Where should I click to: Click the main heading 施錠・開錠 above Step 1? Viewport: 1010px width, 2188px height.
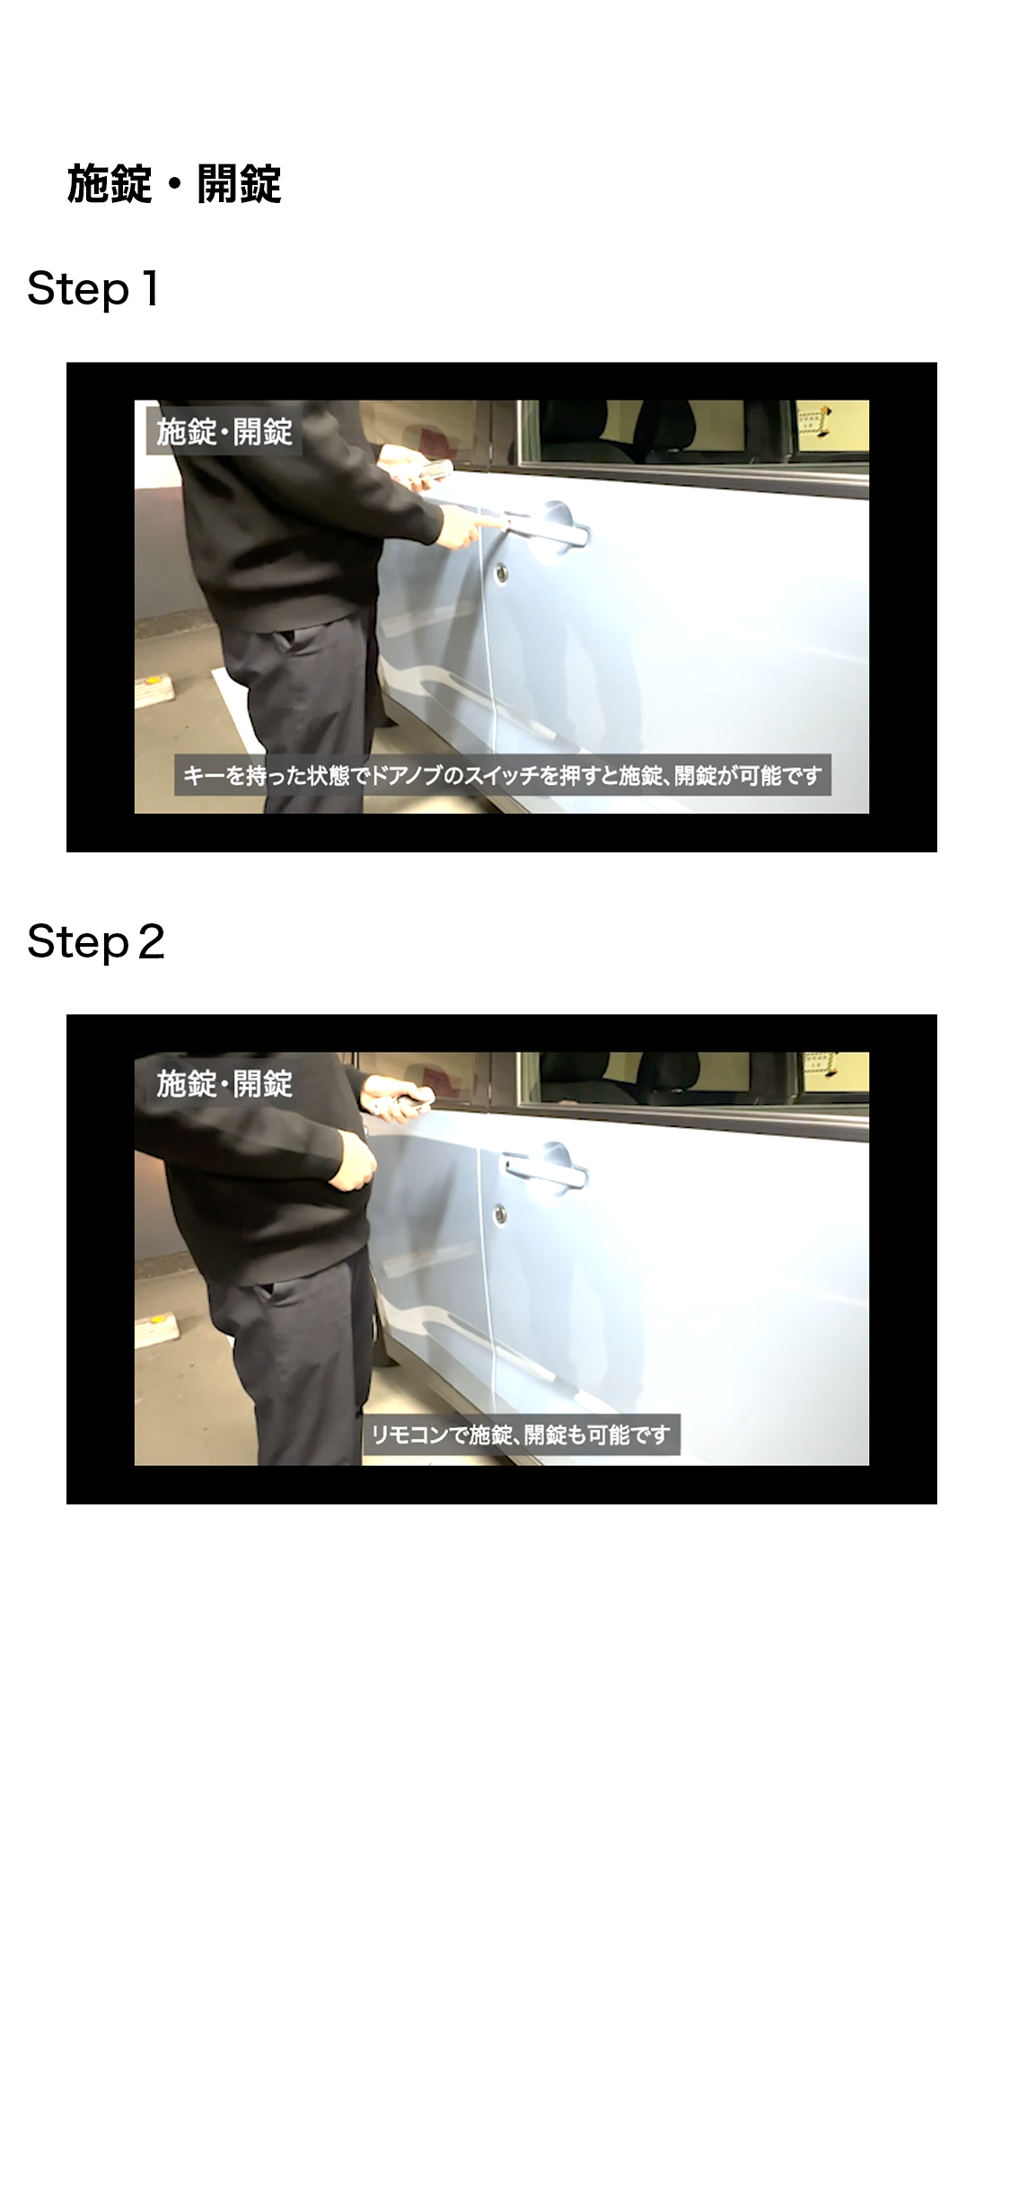174,184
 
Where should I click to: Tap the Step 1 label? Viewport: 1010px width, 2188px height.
93,289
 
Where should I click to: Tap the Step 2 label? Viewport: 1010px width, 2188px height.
96,942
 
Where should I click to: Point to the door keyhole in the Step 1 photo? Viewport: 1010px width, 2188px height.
500,571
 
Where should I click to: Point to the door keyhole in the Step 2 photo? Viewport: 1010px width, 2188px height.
499,1214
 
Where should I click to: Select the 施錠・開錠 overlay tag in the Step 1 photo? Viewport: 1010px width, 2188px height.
224,432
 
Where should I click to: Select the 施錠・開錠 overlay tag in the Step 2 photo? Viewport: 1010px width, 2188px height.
224,1084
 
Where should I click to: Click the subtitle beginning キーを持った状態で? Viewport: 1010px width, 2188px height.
503,775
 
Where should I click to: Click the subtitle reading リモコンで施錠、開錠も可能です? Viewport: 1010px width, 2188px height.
521,1434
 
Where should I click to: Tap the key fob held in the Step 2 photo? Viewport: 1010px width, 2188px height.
416,1097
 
